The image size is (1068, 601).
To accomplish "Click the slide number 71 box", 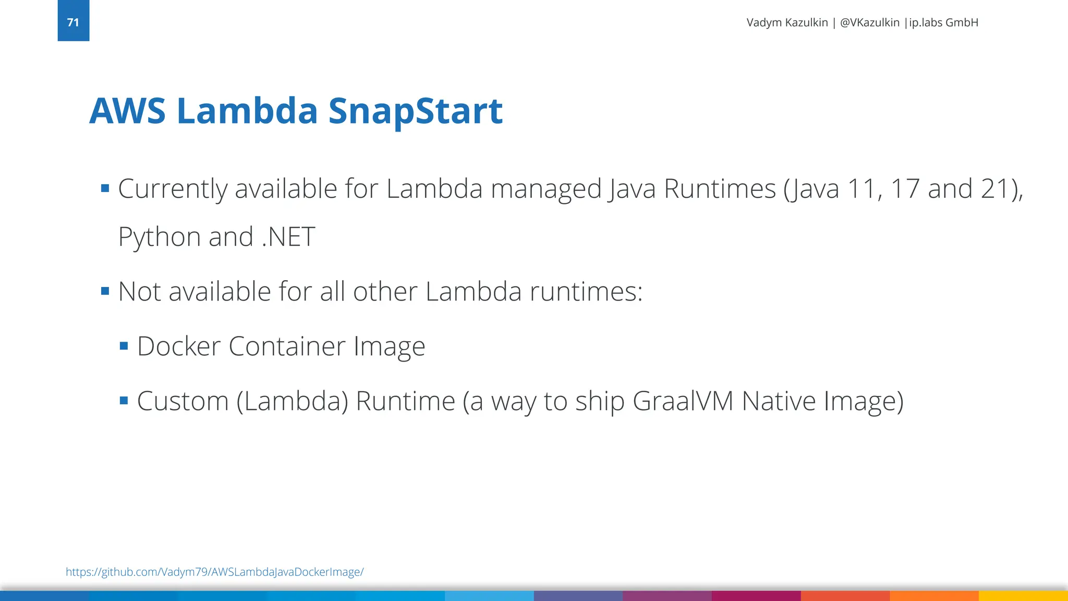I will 73,21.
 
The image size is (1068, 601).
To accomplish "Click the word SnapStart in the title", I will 415,111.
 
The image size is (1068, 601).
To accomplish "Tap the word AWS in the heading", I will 127,111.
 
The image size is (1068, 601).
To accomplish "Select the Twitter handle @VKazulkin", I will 869,22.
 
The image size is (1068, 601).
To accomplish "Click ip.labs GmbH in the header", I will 943,22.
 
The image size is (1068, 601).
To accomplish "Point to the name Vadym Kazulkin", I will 787,22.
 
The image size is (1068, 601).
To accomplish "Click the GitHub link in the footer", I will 214,572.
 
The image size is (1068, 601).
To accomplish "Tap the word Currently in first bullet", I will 173,189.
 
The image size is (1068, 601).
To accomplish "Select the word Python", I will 159,237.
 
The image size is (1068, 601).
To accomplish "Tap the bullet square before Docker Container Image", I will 124,346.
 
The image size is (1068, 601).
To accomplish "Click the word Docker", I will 179,346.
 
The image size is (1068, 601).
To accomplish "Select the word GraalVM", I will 683,401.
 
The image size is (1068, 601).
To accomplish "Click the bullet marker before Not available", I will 105,291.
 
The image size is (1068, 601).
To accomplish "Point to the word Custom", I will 183,401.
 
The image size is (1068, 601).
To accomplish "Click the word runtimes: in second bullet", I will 586,292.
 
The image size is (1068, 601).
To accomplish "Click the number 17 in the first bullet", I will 905,189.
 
